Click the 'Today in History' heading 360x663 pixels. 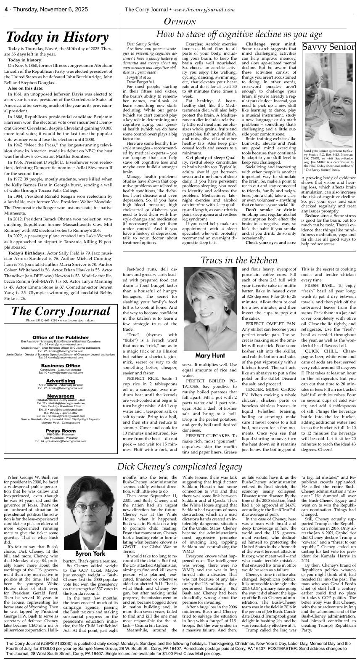[x=58, y=37]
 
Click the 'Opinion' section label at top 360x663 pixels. [x=180, y=22]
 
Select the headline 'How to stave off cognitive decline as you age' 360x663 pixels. [x=239, y=34]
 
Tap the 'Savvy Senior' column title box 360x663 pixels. [x=329, y=47]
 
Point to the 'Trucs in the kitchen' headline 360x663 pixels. [x=238, y=260]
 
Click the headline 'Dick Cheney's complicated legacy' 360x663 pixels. [x=180, y=467]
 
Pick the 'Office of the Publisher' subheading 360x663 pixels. [x=61, y=337]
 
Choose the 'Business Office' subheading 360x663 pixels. [x=61, y=366]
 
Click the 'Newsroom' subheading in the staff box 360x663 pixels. [x=61, y=396]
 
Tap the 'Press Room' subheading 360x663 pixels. [x=61, y=431]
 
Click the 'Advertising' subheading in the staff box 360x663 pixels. [x=61, y=381]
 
